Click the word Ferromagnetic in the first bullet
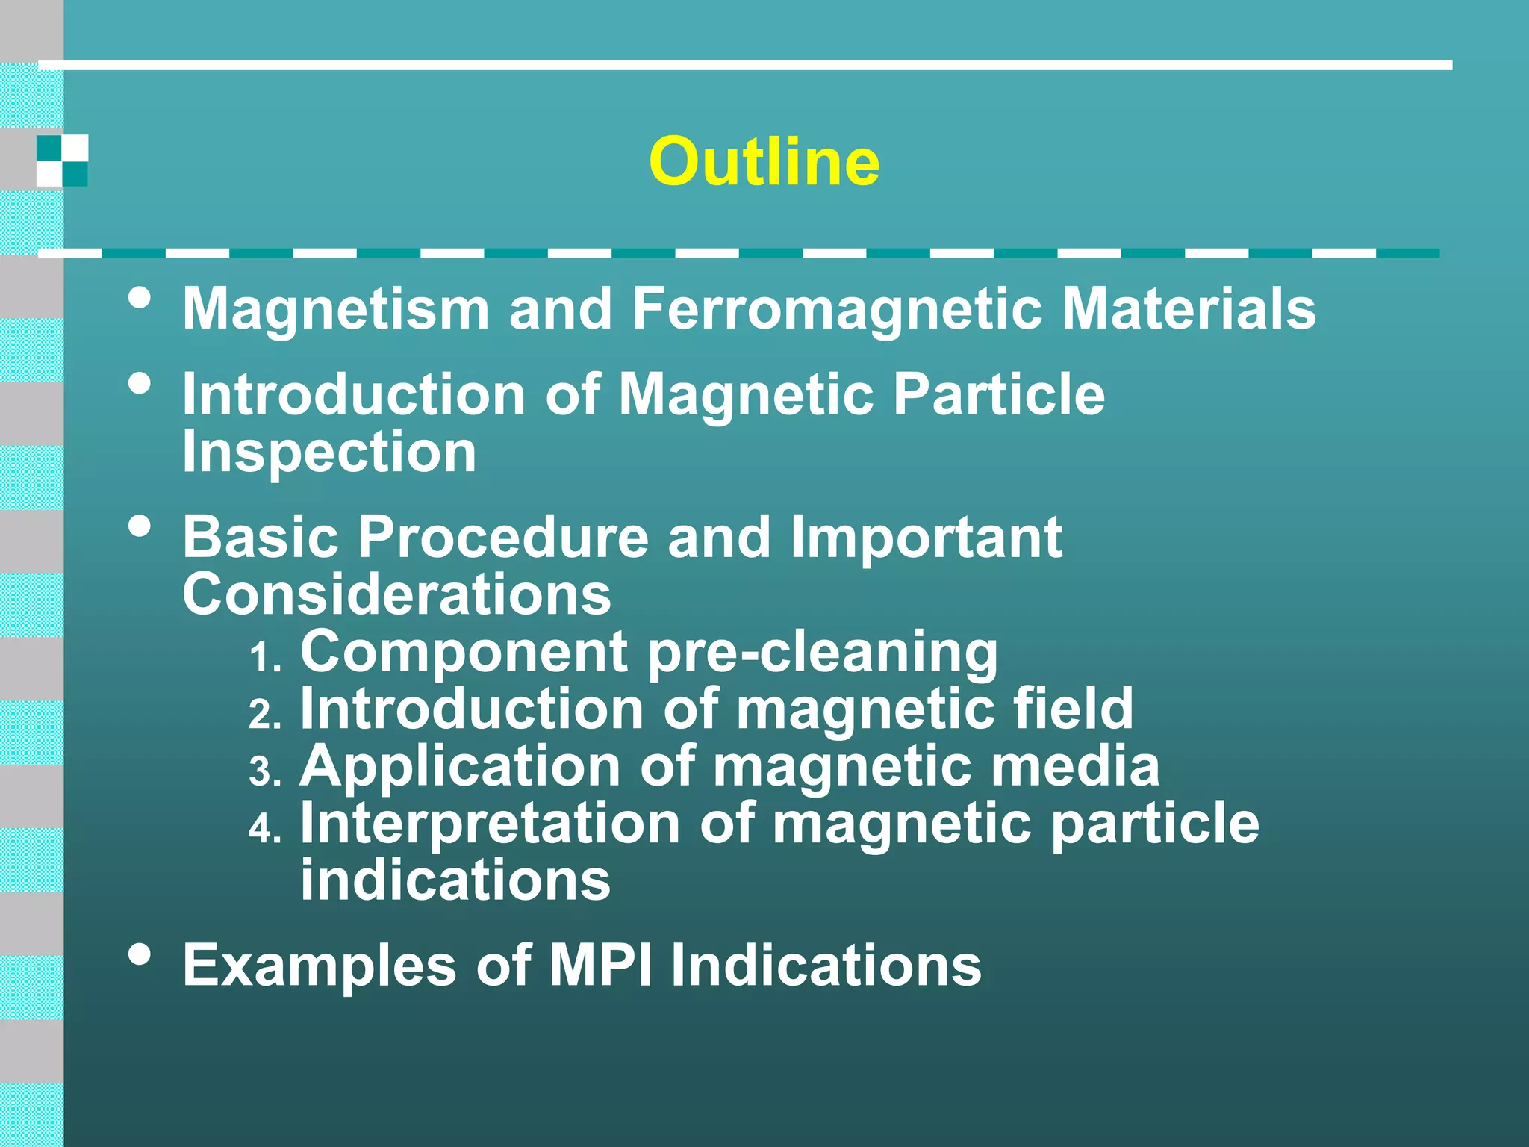[837, 308]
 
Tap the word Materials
[1189, 308]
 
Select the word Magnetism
[336, 310]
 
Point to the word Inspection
[329, 452]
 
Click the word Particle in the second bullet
[999, 394]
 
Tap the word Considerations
[396, 594]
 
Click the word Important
[926, 538]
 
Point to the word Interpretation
[490, 824]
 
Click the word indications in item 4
[455, 880]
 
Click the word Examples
[320, 966]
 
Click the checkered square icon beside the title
[62, 161]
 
